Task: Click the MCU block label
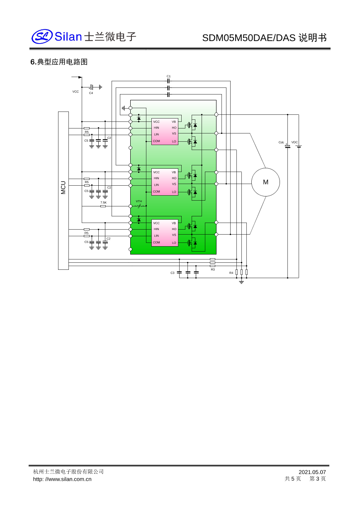[x=63, y=187]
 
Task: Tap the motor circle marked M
[x=265, y=182]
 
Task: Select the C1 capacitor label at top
[x=168, y=76]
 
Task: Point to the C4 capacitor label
[x=91, y=93]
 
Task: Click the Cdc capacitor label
[x=281, y=143]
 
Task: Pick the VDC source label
[x=294, y=142]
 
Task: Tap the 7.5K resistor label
[x=103, y=202]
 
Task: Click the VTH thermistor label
[x=139, y=201]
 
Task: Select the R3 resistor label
[x=213, y=269]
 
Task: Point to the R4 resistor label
[x=231, y=273]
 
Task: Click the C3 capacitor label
[x=173, y=273]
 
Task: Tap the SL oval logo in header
[x=42, y=36]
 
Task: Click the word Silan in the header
[x=68, y=37]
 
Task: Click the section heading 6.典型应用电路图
[x=59, y=62]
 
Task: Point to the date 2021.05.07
[x=312, y=472]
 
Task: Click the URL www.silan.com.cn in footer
[x=62, y=479]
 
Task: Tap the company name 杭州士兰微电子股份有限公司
[x=68, y=472]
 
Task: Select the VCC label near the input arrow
[x=75, y=92]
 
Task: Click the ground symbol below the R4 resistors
[x=241, y=282]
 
